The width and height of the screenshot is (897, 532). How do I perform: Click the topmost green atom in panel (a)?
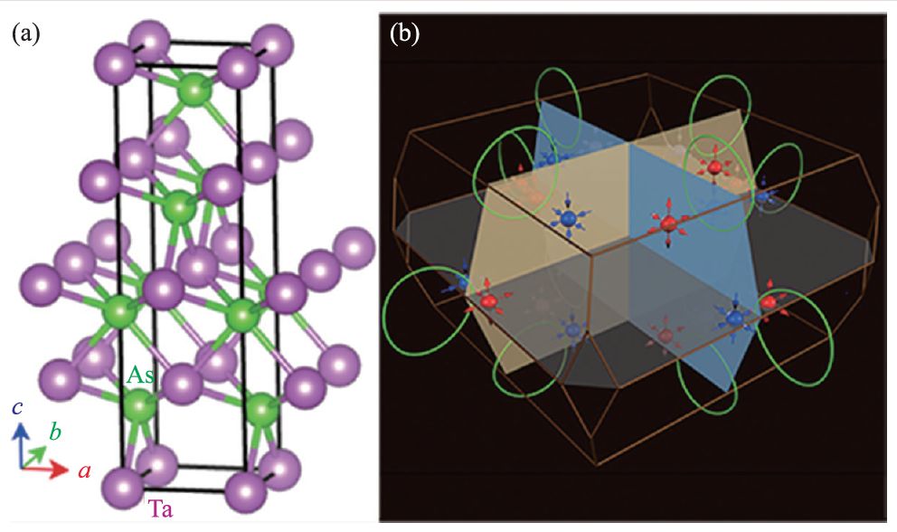[x=193, y=90]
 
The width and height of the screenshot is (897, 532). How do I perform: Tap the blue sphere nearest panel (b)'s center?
[x=569, y=218]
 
